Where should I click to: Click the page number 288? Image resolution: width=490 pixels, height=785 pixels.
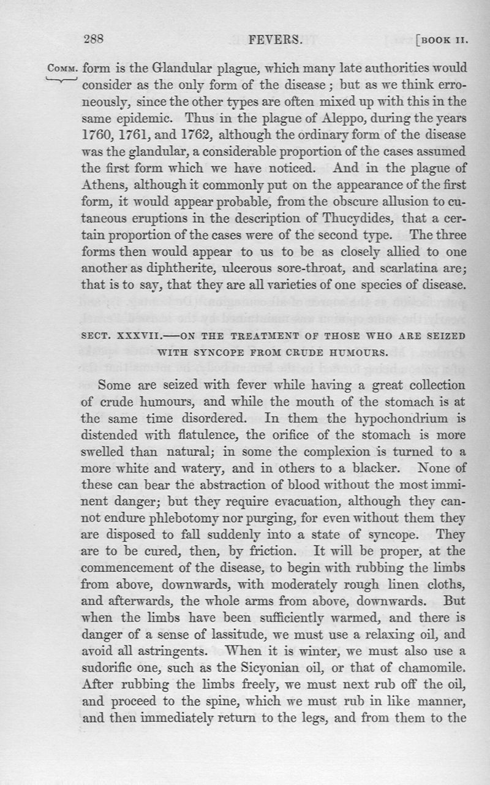(x=96, y=40)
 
